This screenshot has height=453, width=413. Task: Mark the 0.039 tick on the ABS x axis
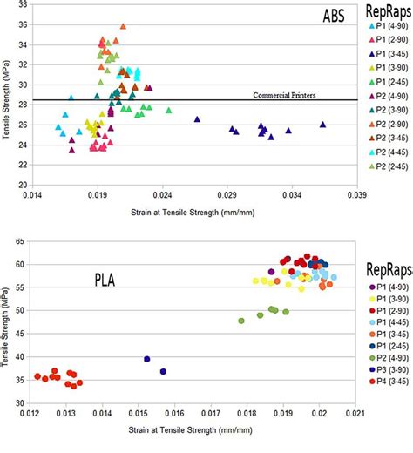355,199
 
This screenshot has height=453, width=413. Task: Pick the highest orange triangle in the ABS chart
123,27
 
